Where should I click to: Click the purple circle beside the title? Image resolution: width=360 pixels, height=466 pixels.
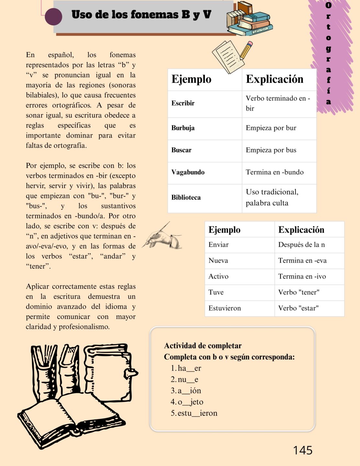(x=53, y=17)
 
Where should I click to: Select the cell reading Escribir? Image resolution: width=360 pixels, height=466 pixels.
(x=183, y=103)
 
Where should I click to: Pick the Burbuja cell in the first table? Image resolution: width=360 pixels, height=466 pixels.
(x=183, y=128)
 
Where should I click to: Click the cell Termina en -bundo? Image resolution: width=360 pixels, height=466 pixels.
(x=275, y=172)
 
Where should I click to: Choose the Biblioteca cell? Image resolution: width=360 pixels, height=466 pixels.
(x=186, y=197)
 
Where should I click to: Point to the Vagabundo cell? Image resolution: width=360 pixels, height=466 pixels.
(x=188, y=172)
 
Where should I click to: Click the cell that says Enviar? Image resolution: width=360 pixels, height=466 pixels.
(x=219, y=245)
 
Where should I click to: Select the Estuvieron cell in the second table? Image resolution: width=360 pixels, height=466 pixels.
(x=225, y=308)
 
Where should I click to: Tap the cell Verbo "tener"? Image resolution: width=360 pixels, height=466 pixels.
(x=299, y=292)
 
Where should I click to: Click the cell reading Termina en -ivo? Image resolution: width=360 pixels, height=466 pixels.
(x=302, y=276)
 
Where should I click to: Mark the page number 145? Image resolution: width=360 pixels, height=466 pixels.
(x=303, y=450)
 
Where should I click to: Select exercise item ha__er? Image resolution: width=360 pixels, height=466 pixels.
(x=189, y=368)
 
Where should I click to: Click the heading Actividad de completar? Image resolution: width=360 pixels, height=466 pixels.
(x=203, y=346)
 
